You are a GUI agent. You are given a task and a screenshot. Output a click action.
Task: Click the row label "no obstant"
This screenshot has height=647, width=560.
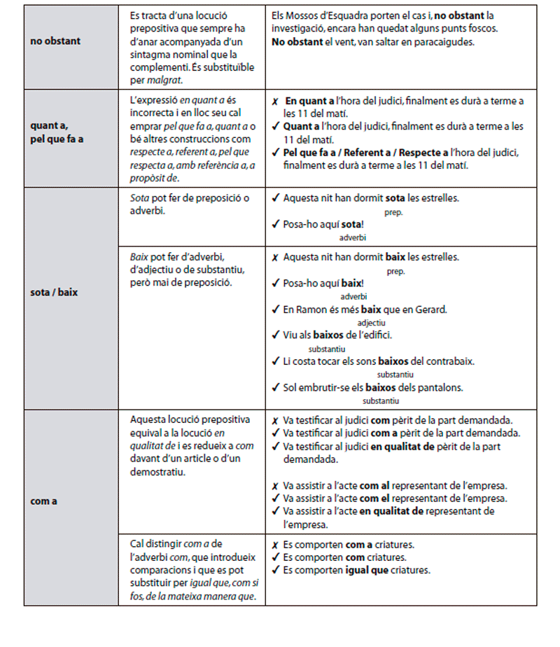[55, 41]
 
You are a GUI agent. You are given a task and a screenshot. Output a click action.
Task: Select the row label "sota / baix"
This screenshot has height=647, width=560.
[54, 293]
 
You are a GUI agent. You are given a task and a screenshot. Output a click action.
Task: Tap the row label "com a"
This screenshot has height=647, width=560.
[44, 501]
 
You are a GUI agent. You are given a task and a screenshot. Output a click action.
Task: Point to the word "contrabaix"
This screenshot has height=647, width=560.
[451, 361]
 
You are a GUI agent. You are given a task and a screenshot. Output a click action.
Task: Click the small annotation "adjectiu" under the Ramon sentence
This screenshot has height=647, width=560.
[371, 323]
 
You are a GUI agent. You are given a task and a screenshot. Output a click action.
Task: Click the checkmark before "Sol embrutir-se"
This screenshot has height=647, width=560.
[275, 387]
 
